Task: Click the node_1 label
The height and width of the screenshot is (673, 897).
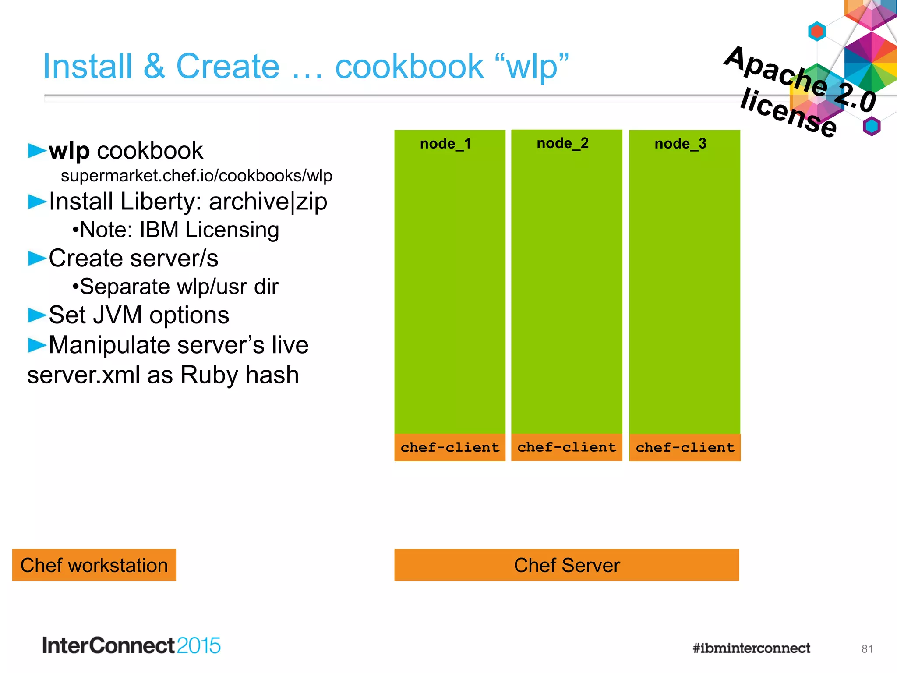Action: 445,144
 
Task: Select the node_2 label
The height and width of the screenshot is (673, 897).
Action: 562,143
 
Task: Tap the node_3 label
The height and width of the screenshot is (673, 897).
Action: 680,144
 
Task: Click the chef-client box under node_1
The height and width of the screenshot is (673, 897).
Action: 450,447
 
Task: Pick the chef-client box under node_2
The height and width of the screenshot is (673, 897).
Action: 567,447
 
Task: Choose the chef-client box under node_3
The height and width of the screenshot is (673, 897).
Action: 685,447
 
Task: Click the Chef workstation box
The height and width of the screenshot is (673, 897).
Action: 94,565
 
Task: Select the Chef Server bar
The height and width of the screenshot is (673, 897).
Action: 567,565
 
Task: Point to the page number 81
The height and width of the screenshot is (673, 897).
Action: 867,649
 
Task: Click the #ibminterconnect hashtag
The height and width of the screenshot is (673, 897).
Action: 751,648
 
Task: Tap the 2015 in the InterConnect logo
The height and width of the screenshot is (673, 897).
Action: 198,646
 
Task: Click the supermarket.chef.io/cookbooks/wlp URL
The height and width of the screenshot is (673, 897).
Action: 196,176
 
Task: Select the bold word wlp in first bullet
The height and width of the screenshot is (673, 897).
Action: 69,151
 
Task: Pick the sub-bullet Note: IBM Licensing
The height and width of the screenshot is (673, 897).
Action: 176,230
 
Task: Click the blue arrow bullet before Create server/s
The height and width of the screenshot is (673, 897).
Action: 37,259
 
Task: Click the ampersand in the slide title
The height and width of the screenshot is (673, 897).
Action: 154,67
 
